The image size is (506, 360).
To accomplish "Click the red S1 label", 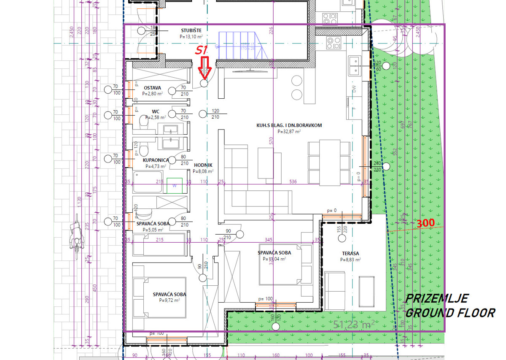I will [202, 50].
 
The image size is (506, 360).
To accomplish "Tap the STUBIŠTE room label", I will [191, 30].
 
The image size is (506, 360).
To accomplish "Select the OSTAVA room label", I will [152, 88].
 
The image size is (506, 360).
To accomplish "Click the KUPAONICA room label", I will [156, 160].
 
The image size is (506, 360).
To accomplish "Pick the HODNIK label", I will [203, 165].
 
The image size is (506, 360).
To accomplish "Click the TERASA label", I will [350, 254].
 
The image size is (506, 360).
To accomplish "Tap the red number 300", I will [425, 223].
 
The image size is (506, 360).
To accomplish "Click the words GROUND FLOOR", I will [450, 313].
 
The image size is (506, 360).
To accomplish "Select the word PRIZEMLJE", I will [437, 299].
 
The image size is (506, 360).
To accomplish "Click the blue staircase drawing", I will [242, 47].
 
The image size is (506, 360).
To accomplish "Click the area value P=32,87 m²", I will [289, 132].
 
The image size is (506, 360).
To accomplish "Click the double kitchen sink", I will [355, 65].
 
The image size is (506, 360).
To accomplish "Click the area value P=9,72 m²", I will [170, 300].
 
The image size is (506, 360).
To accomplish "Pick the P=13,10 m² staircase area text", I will [191, 37].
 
